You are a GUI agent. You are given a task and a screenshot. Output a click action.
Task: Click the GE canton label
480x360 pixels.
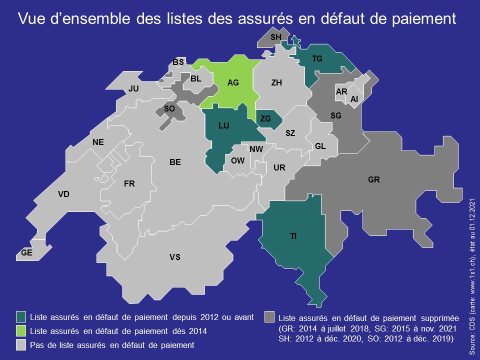click(27, 253)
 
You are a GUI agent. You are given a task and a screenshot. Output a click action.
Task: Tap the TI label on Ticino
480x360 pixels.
click(293, 236)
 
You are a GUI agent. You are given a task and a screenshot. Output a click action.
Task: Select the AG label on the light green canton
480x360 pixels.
click(233, 82)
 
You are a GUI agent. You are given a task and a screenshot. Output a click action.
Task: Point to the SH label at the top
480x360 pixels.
click(275, 37)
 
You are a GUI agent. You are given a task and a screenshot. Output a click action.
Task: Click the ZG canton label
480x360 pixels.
click(265, 118)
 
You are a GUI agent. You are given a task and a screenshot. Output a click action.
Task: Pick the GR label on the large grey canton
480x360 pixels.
click(374, 179)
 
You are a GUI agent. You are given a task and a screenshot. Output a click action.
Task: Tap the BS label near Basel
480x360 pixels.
click(178, 62)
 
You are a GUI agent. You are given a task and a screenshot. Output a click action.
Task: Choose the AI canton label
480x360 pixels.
click(354, 99)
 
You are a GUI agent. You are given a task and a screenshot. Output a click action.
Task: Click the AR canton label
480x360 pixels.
click(341, 92)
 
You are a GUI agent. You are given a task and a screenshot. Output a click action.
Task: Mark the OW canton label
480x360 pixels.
click(237, 160)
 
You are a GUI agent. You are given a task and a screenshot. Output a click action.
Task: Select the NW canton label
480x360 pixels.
click(256, 149)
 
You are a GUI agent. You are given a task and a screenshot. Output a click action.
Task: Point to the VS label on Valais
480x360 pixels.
click(174, 257)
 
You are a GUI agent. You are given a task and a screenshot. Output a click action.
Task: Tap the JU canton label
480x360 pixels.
click(133, 88)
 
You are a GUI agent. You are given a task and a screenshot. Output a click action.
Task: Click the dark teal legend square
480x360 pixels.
click(21, 317)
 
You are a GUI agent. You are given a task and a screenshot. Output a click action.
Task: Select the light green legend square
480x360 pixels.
click(21, 331)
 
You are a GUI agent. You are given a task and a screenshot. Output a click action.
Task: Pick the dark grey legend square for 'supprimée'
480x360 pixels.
click(270, 317)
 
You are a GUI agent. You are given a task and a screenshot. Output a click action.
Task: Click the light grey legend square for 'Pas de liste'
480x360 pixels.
click(21, 345)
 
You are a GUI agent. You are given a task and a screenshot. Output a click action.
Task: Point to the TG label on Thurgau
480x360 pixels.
click(317, 59)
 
